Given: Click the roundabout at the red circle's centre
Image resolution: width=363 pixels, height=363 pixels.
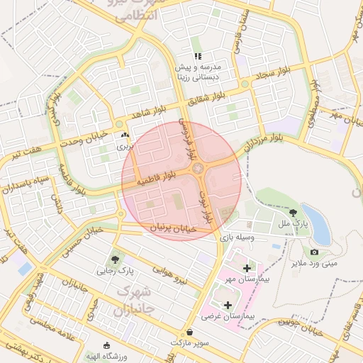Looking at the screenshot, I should (198, 168).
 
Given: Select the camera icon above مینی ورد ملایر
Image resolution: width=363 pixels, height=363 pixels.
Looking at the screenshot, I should (314, 252).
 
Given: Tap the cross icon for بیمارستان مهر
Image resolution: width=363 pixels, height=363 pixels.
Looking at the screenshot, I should (246, 268).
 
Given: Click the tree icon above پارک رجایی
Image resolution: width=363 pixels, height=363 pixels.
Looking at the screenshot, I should (116, 259).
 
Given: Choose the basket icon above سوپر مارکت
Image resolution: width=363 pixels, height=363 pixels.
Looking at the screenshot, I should (189, 333).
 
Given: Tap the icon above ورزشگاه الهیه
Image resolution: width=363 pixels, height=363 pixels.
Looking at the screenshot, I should (106, 345).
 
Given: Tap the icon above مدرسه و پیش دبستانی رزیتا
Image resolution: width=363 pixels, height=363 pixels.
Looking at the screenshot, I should (199, 56).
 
